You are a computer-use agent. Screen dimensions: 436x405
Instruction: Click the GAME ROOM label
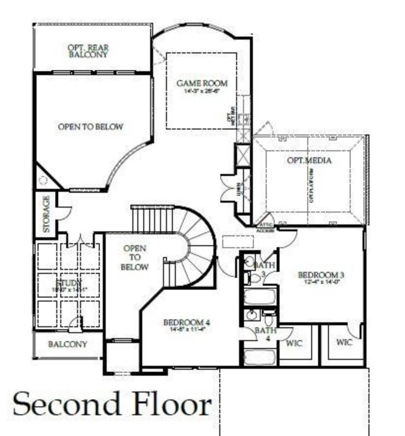pos(202,84)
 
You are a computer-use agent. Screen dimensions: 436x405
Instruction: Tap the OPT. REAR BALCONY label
pos(88,51)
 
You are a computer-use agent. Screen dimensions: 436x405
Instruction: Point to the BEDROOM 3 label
pos(321,275)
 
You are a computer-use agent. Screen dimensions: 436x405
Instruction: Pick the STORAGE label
pos(46,214)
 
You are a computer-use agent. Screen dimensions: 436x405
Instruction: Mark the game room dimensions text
pos(202,91)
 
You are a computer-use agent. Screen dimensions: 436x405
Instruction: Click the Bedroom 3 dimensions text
pos(321,282)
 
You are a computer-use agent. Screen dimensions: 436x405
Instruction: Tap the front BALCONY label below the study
pos(67,344)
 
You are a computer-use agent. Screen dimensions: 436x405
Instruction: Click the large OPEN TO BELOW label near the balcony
pos(90,127)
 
